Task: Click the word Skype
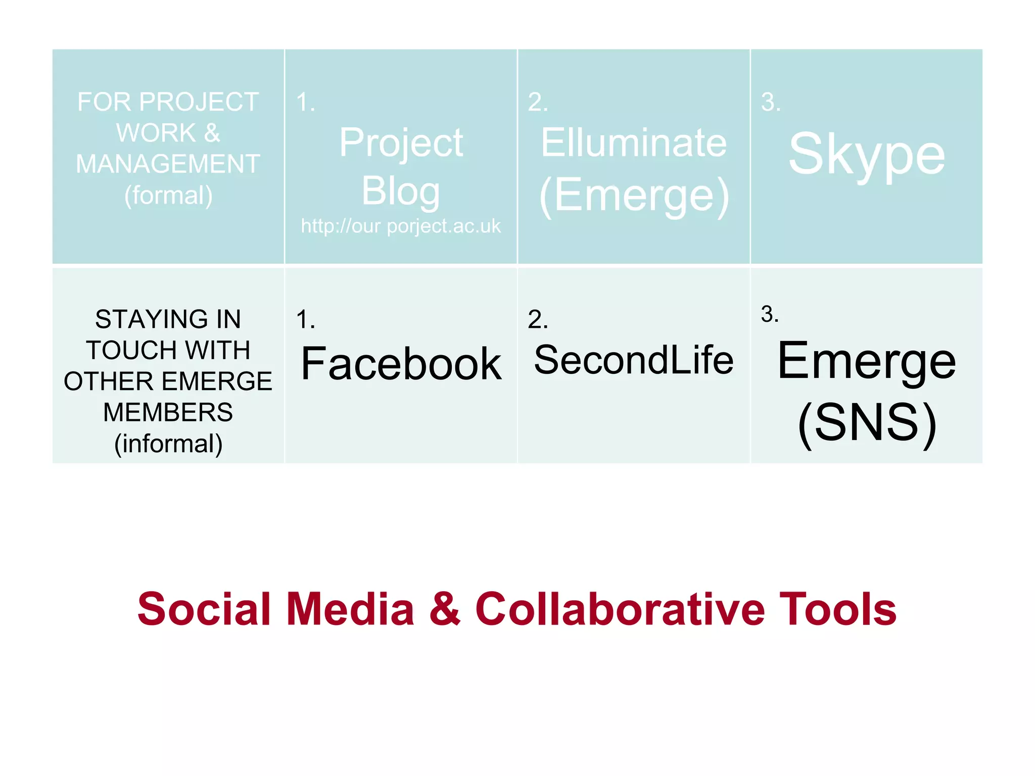click(866, 154)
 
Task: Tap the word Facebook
click(401, 364)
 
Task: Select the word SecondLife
click(634, 360)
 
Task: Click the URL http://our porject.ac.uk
click(401, 226)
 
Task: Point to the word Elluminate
click(634, 143)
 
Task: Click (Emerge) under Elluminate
click(634, 196)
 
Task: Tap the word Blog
click(401, 191)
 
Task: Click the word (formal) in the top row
click(168, 196)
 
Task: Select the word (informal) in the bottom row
click(168, 444)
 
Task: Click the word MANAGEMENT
click(168, 164)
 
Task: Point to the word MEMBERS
click(168, 412)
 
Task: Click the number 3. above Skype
click(771, 102)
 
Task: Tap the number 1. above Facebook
click(306, 319)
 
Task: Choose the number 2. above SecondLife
click(538, 319)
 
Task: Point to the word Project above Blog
click(401, 143)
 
